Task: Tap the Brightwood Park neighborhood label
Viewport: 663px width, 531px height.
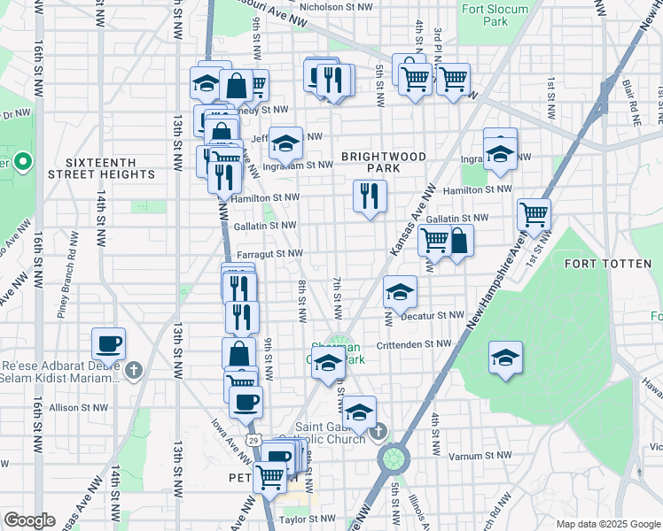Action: point(384,162)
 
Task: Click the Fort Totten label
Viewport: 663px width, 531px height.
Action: point(612,264)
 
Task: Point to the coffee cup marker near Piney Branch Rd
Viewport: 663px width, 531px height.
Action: point(108,343)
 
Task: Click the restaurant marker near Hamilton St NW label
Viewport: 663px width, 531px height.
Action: point(370,196)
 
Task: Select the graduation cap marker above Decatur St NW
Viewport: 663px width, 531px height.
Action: point(401,290)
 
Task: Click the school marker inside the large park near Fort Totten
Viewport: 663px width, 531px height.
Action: point(505,358)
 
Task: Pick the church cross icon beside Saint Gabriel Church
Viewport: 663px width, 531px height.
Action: point(378,431)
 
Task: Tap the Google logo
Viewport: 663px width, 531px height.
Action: point(29,520)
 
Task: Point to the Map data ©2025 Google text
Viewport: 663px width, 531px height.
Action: point(608,524)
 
